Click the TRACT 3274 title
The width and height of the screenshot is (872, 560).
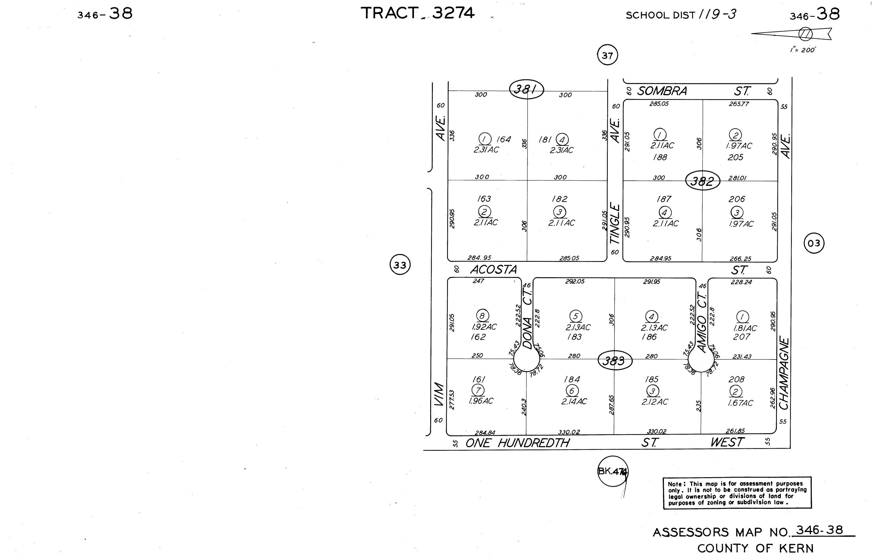(x=417, y=13)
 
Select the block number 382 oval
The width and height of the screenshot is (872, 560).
(x=703, y=181)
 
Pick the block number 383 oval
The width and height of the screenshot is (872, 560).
(x=615, y=361)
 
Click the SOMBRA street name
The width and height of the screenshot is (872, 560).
(x=662, y=91)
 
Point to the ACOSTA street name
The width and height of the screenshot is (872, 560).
(x=494, y=269)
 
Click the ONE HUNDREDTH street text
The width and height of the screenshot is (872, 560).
(x=517, y=443)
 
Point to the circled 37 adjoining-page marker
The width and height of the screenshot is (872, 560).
(x=607, y=56)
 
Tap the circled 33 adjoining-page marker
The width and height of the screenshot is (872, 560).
(x=400, y=265)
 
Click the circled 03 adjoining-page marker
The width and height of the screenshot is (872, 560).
(x=814, y=243)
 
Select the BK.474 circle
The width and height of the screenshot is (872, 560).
(x=613, y=471)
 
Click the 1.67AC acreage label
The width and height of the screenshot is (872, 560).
(x=740, y=403)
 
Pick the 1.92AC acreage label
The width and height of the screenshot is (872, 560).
(x=484, y=327)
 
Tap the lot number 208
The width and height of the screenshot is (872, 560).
(x=736, y=379)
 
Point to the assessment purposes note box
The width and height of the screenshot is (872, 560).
(x=737, y=493)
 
